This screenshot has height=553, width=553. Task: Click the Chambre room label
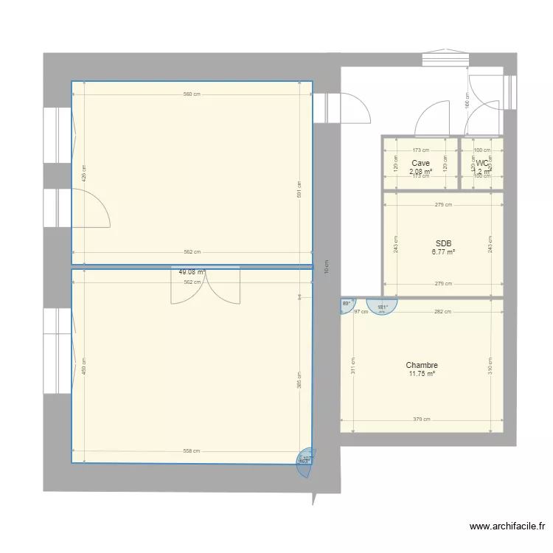coord(422,365)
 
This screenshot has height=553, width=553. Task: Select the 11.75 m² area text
coord(422,374)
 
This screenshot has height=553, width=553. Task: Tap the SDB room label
coord(443,243)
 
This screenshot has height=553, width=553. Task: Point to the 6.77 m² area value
coord(443,252)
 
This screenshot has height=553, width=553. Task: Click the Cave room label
coord(420,163)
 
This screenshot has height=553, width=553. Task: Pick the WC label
coord(482,163)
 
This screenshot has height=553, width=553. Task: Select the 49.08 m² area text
coord(192,272)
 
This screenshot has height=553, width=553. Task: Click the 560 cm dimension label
coord(192,94)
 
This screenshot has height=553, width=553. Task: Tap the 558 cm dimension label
coord(192,451)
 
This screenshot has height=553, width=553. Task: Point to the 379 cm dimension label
coord(421,420)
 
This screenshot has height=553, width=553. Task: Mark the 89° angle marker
coord(346,304)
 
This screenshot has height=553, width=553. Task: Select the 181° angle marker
coord(381,307)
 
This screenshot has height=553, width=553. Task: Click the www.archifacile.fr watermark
coord(508,526)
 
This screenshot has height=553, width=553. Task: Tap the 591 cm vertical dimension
coord(299,190)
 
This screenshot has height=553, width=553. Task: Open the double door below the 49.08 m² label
coord(206,286)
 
